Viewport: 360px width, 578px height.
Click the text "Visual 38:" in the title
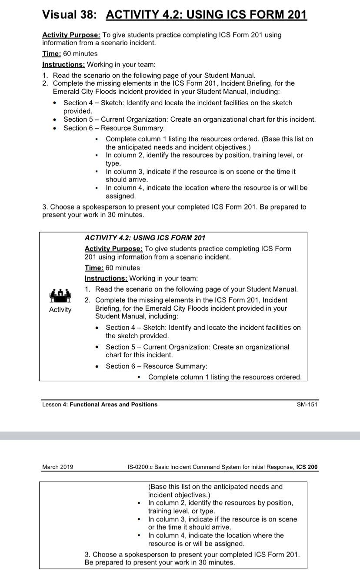tap(69, 14)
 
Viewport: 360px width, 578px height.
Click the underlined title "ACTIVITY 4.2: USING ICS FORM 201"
tap(206, 14)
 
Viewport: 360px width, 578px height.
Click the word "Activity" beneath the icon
tap(60, 309)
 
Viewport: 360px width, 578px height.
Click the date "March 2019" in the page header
tap(57, 467)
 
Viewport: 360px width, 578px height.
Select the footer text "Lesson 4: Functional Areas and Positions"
tap(100, 404)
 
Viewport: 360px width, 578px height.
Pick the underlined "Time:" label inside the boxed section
tap(94, 268)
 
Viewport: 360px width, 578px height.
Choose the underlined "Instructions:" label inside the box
tap(106, 278)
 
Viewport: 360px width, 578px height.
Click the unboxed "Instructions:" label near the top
tap(63, 64)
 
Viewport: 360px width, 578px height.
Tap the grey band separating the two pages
tap(180, 435)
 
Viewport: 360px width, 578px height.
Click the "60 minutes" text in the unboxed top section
tap(80, 53)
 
